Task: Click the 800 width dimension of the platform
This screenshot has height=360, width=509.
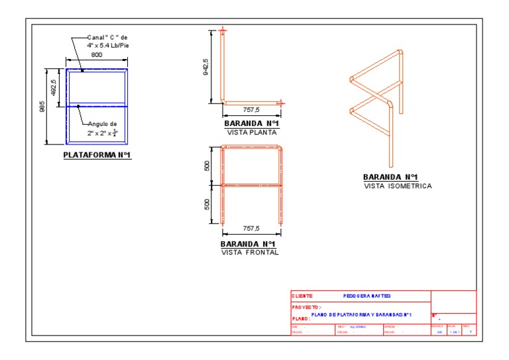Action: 97,55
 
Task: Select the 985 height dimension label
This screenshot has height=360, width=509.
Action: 42,106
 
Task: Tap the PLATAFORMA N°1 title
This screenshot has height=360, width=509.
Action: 97,156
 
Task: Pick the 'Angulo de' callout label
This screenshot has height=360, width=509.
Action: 102,123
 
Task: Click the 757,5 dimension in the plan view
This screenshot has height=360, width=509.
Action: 251,110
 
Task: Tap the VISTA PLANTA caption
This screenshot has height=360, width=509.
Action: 251,132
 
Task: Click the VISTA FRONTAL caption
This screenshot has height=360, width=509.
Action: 250,253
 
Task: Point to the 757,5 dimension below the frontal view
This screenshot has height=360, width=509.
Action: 251,229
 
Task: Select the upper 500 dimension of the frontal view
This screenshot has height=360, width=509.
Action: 207,166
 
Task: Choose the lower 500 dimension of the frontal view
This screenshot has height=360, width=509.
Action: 207,203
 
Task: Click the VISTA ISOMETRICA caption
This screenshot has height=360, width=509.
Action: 398,186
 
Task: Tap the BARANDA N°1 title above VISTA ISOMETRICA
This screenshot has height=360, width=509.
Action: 390,177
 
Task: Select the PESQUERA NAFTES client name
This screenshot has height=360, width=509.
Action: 367,296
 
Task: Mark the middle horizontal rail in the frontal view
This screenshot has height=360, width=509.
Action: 251,184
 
